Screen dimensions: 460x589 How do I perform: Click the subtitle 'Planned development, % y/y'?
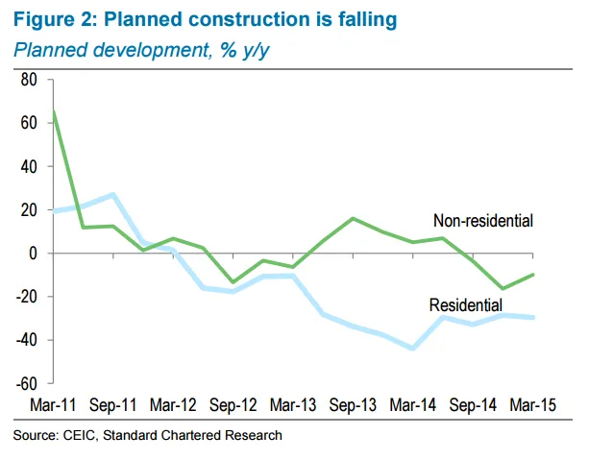pyautogui.click(x=139, y=49)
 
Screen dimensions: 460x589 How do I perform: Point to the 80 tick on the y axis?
pyautogui.click(x=28, y=80)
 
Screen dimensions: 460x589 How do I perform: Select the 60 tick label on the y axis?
pyautogui.click(x=28, y=123)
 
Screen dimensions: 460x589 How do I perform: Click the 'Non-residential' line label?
pyautogui.click(x=482, y=221)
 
